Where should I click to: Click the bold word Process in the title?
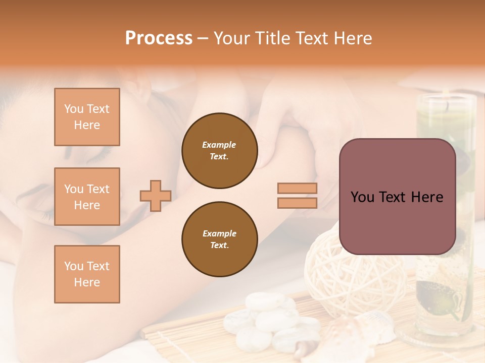point(159,38)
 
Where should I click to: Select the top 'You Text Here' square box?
point(87,117)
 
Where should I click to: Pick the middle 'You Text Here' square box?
point(87,197)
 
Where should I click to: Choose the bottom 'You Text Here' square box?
point(87,274)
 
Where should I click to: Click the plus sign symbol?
point(156,196)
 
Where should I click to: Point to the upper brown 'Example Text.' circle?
point(219,151)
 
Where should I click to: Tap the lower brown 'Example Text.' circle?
point(219,239)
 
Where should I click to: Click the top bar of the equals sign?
point(297,189)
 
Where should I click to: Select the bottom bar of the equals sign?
point(297,203)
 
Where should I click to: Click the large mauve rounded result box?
point(397,197)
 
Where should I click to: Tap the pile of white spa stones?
point(268,318)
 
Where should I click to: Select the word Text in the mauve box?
point(397,197)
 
